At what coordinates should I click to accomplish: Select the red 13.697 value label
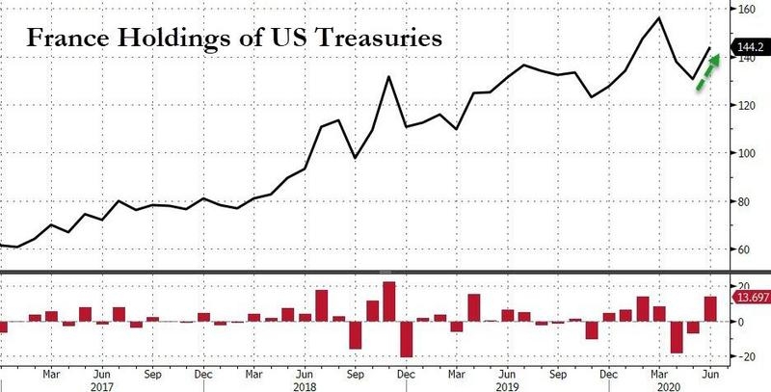pyautogui.click(x=750, y=298)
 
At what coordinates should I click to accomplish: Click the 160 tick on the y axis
pyautogui.click(x=746, y=10)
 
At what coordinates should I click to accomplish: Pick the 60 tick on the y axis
pyautogui.click(x=743, y=249)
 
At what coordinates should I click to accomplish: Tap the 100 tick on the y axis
pyautogui.click(x=746, y=153)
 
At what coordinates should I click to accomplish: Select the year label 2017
pyautogui.click(x=103, y=384)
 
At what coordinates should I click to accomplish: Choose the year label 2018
pyautogui.click(x=305, y=384)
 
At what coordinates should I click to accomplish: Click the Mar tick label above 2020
pyautogui.click(x=657, y=371)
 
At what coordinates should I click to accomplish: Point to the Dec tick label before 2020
pyautogui.click(x=607, y=371)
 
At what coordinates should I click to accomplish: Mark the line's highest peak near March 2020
pyautogui.click(x=658, y=17)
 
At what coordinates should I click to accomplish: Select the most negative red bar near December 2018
pyautogui.click(x=406, y=339)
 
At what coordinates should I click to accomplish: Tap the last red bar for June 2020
pyautogui.click(x=709, y=309)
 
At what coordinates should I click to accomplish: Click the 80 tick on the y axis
pyautogui.click(x=743, y=201)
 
